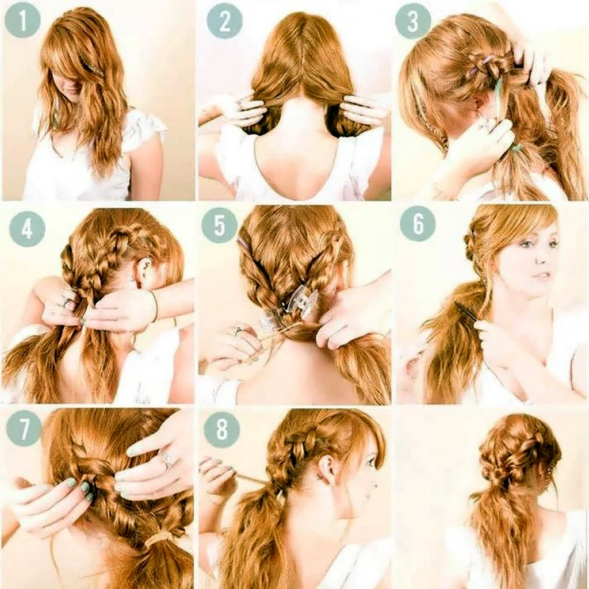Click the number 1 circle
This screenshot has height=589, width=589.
pyautogui.click(x=22, y=21)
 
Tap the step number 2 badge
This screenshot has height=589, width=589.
pyautogui.click(x=225, y=21)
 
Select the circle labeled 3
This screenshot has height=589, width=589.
pyautogui.click(x=413, y=21)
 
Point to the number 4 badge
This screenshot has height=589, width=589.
pyautogui.click(x=27, y=228)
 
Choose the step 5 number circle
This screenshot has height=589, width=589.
pyautogui.click(x=219, y=225)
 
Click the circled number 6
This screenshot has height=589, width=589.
pyautogui.click(x=418, y=224)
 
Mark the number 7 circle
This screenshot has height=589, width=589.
pyautogui.click(x=24, y=428)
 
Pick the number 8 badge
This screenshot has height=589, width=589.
pyautogui.click(x=221, y=430)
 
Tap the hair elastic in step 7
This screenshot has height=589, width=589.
pyautogui.click(x=158, y=538)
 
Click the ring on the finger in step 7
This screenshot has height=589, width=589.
pyautogui.click(x=166, y=460)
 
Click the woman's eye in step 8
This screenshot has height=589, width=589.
pyautogui.click(x=370, y=461)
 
